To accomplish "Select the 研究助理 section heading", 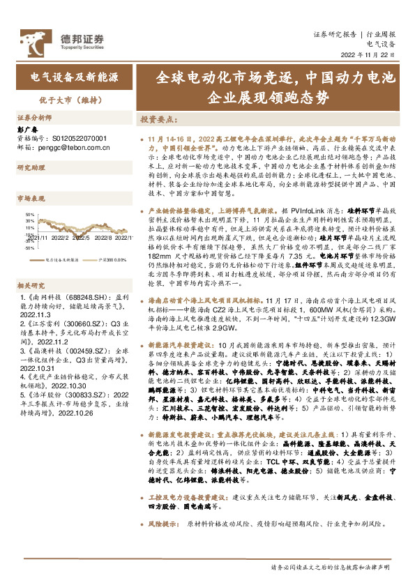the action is coord(31,167).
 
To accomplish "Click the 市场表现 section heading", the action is coord(31,199).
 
